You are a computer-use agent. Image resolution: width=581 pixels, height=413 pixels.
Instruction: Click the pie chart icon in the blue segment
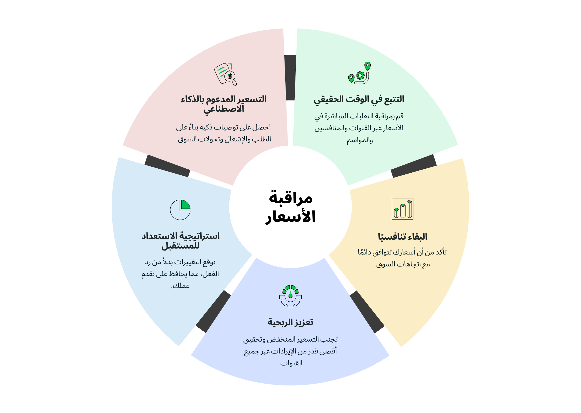[x=180, y=210]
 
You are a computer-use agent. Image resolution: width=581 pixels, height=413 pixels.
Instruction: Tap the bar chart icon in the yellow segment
[x=402, y=209]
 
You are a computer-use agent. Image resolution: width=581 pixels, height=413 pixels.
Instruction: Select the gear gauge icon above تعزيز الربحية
[x=290, y=296]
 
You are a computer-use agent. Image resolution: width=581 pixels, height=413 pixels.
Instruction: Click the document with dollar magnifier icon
[x=225, y=74]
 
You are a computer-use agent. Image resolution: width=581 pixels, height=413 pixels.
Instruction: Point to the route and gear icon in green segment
[x=359, y=73]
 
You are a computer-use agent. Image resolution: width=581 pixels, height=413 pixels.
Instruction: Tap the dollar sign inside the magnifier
[x=230, y=76]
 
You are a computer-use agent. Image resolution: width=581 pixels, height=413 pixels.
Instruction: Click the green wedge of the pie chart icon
[x=185, y=204]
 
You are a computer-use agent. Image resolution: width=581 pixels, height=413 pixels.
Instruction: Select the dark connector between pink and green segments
[x=290, y=78]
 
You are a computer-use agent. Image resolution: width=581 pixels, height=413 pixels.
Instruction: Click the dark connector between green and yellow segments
[x=414, y=166]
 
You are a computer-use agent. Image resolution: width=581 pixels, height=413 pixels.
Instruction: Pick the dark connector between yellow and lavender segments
[x=367, y=312]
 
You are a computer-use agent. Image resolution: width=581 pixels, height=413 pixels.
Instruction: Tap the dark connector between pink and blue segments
[x=167, y=166]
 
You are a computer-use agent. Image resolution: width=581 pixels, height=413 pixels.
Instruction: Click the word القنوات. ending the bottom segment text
[x=290, y=363]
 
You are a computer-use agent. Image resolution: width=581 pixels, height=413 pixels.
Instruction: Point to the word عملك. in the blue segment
[x=180, y=286]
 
